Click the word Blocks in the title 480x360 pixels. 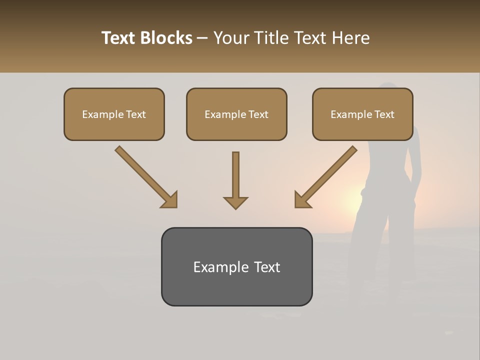166,38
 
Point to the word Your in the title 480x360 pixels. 231,38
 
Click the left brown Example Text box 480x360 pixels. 114,114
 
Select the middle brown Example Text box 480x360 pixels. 236,114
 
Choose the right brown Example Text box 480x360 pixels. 362,114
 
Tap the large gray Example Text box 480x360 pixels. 236,267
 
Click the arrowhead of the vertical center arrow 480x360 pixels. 235,202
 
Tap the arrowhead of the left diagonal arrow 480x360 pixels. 170,200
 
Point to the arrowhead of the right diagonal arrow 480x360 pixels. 302,200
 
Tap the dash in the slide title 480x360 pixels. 202,38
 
